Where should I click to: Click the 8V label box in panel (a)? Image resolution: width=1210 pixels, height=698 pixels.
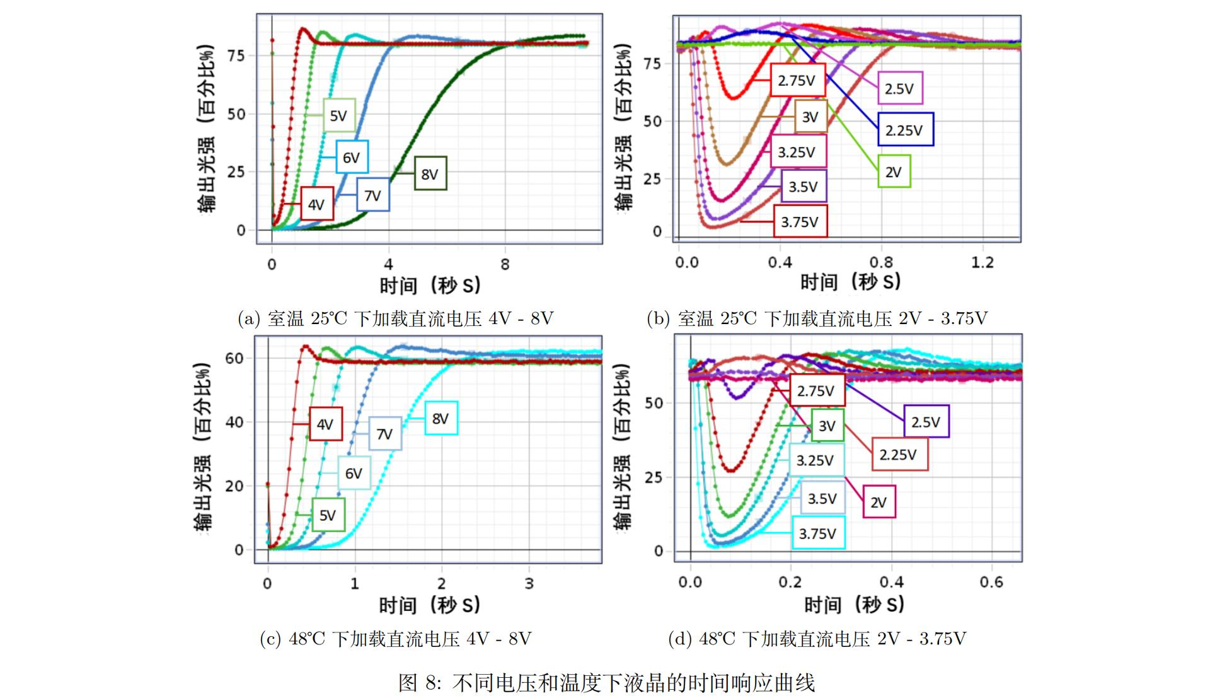[430, 173]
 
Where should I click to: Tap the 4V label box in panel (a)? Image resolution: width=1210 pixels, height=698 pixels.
[316, 204]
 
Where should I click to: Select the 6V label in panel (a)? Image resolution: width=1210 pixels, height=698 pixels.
[352, 157]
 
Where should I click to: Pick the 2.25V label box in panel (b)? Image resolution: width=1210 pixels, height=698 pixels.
[905, 130]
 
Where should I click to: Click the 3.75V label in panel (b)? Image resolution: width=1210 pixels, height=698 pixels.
[800, 221]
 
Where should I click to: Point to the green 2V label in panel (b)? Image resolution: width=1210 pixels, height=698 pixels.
[894, 172]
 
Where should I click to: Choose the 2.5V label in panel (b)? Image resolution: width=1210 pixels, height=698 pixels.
[899, 88]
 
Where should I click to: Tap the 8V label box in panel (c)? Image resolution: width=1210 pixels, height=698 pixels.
[441, 419]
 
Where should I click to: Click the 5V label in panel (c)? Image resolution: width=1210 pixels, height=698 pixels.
[328, 515]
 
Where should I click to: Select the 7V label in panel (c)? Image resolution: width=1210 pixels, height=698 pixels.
[384, 434]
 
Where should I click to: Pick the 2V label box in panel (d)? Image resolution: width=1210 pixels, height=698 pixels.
[879, 502]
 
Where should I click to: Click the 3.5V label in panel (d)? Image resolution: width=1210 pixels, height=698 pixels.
[822, 499]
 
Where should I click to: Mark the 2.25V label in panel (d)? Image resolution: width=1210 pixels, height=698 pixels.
[899, 455]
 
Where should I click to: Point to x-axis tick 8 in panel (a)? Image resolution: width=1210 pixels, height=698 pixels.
[505, 265]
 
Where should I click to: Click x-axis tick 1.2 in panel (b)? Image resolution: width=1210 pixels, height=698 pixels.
[982, 262]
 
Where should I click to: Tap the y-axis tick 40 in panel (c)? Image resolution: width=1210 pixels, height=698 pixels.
[234, 422]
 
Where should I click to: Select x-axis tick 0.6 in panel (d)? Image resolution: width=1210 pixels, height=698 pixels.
[991, 582]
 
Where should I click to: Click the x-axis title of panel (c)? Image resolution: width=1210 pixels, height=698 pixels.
[430, 605]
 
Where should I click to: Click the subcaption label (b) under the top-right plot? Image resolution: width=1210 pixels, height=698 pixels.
[658, 318]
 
